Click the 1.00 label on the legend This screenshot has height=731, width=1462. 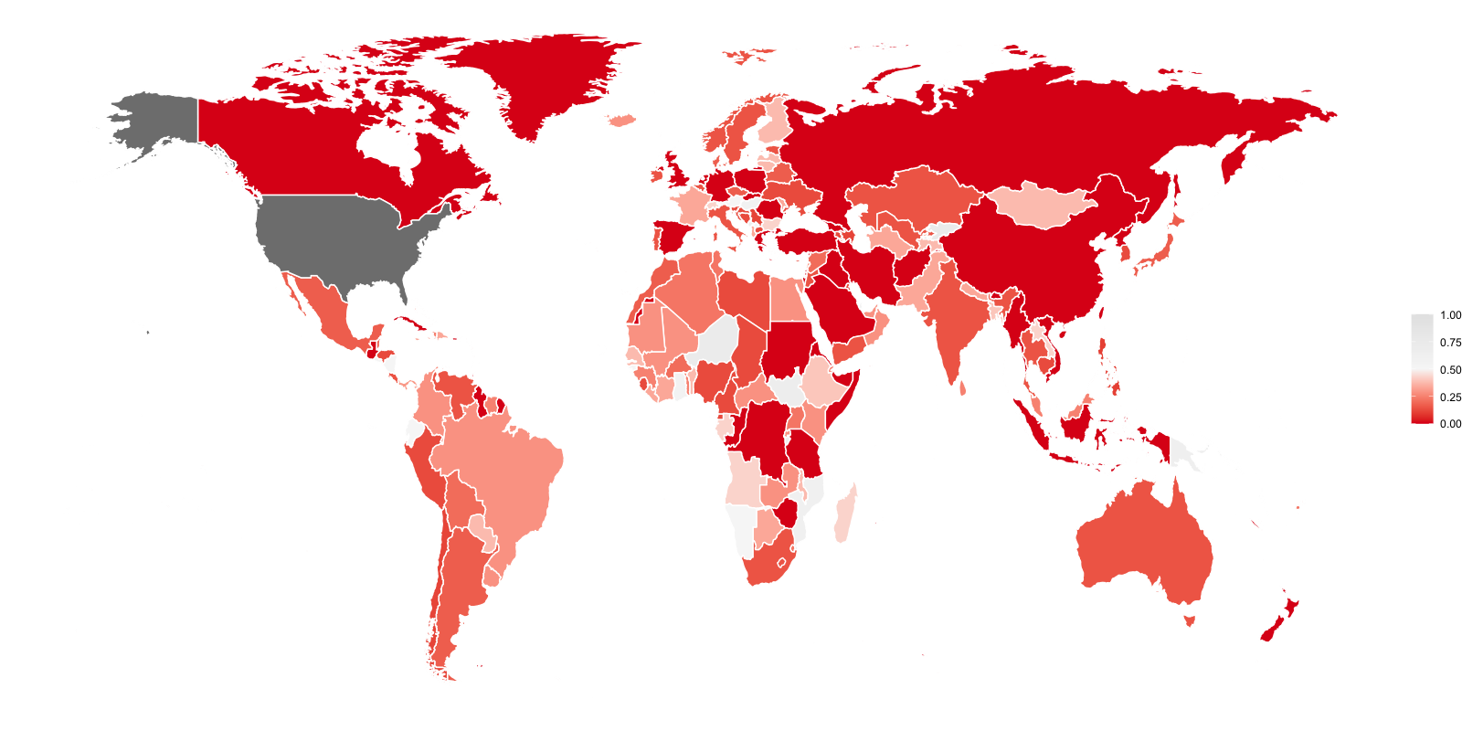[x=1450, y=315]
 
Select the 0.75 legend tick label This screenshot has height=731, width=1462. [x=1450, y=343]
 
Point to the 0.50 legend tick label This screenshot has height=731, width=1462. [x=1450, y=370]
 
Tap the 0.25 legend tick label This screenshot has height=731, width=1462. [x=1450, y=397]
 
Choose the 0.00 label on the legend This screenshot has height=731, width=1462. [x=1450, y=424]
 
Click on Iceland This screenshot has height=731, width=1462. [x=622, y=120]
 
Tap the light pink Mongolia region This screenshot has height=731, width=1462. [x=1042, y=205]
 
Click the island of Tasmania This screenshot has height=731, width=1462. [x=1189, y=621]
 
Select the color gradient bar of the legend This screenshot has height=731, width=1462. [x=1422, y=369]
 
